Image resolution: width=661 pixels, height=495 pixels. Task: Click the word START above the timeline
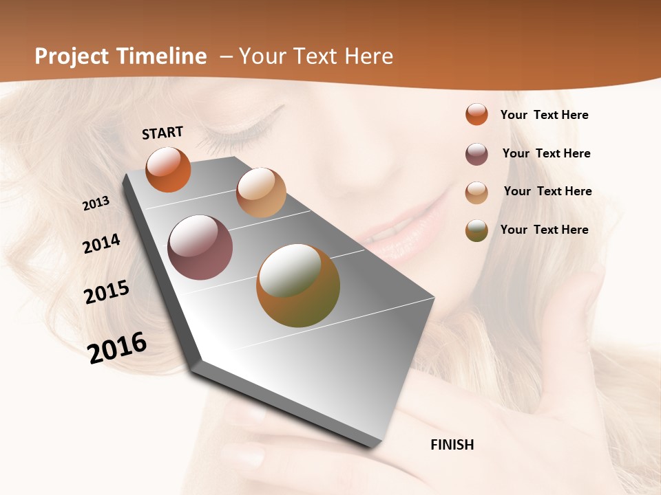162,133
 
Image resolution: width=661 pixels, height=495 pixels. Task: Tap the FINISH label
452,445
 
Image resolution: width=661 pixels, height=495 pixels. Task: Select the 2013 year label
96,203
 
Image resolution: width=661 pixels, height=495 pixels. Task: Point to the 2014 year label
101,244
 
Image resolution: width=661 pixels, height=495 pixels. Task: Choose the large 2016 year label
117,348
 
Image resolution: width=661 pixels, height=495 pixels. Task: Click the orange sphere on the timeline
168,170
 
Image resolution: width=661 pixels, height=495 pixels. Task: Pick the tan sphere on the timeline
261,192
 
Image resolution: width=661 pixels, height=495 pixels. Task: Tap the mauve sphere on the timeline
200,247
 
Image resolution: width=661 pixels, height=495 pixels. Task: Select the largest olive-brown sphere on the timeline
298,285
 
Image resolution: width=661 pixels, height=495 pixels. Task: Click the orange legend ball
476,114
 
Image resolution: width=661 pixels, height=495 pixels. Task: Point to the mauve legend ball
476,154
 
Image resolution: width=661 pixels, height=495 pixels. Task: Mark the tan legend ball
476,192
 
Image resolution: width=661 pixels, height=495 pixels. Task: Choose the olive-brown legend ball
476,230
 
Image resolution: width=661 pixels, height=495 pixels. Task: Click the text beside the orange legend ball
544,115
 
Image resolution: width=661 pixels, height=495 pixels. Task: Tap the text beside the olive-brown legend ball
544,230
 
